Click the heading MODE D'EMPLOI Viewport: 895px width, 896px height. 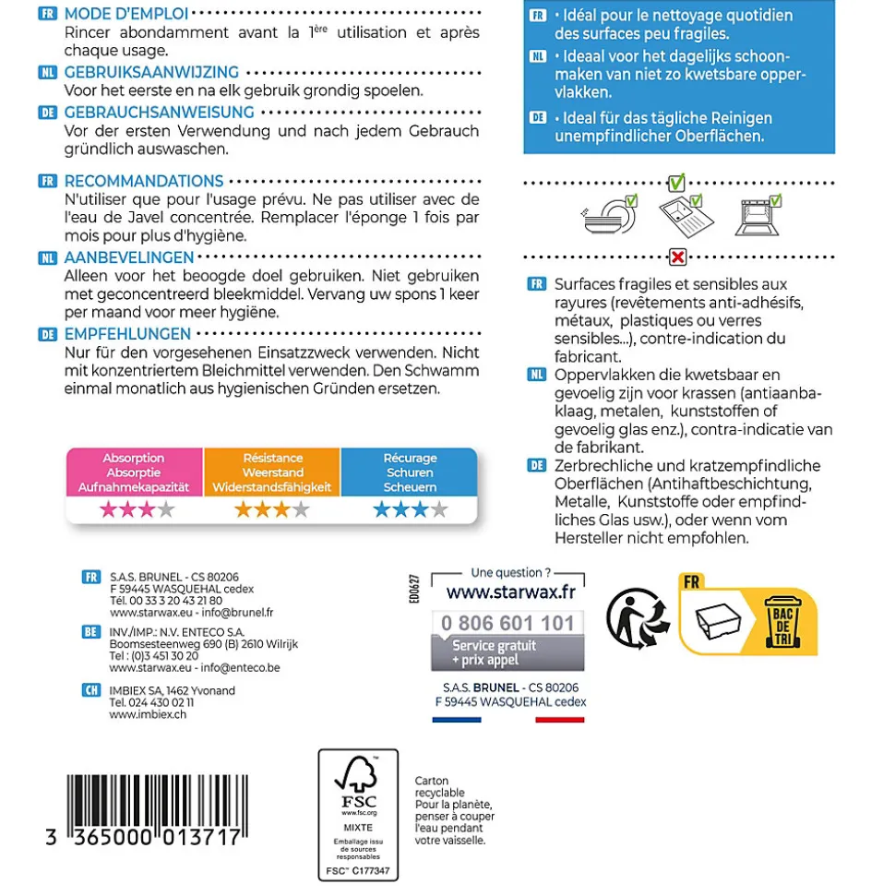[126, 14]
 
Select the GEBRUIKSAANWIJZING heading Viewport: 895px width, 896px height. [151, 72]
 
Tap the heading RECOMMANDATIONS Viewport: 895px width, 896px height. [143, 181]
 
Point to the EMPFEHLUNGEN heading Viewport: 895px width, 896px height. [127, 334]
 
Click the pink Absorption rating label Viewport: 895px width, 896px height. [134, 472]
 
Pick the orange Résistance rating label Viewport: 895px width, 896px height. [272, 472]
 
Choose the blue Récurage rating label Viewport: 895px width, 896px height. [410, 472]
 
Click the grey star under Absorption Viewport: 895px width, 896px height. [166, 509]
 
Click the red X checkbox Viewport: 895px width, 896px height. [677, 256]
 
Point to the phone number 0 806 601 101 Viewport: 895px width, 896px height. [507, 623]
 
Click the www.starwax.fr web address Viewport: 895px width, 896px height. [507, 589]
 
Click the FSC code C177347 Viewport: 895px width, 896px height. [358, 870]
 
